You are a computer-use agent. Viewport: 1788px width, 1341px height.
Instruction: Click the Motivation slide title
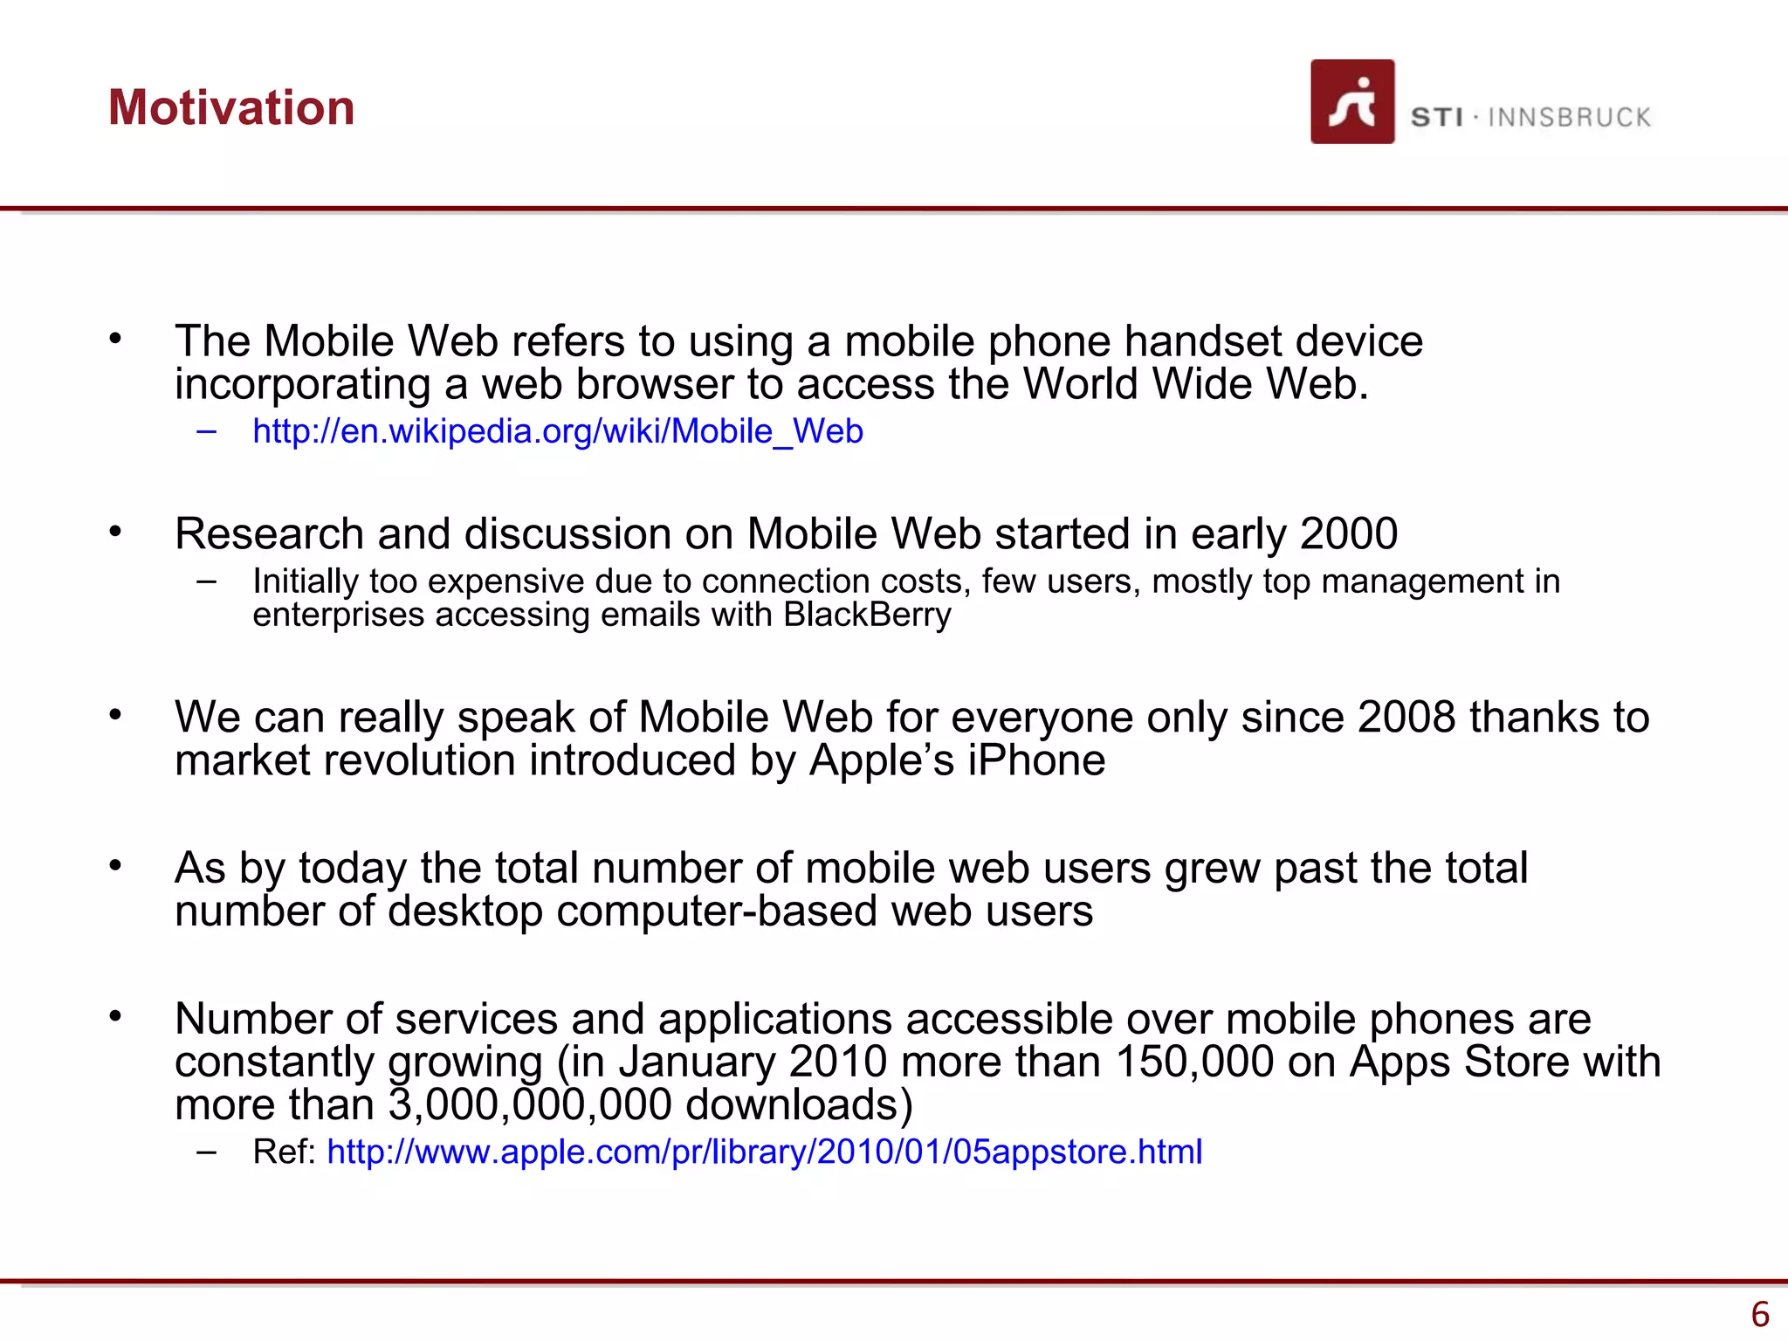coord(231,107)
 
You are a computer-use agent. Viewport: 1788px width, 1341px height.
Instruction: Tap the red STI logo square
coord(1351,101)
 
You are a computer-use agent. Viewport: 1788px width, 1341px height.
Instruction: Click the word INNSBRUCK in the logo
coord(1569,117)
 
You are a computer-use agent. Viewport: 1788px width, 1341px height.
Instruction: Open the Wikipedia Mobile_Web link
coord(557,431)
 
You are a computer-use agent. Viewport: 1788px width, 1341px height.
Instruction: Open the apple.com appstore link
coord(764,1152)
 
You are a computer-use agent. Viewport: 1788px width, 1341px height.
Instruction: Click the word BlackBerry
coord(867,615)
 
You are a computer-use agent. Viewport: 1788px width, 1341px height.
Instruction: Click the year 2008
coord(1406,717)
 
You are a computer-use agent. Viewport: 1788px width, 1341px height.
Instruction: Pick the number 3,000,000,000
coord(530,1104)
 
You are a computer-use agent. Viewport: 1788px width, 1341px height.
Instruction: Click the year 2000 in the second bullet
coord(1348,533)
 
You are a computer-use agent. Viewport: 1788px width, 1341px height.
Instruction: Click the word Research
coord(269,533)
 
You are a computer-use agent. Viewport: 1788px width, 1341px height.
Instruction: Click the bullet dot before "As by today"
coord(115,865)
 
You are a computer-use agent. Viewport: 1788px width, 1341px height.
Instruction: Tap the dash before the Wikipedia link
coord(207,430)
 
